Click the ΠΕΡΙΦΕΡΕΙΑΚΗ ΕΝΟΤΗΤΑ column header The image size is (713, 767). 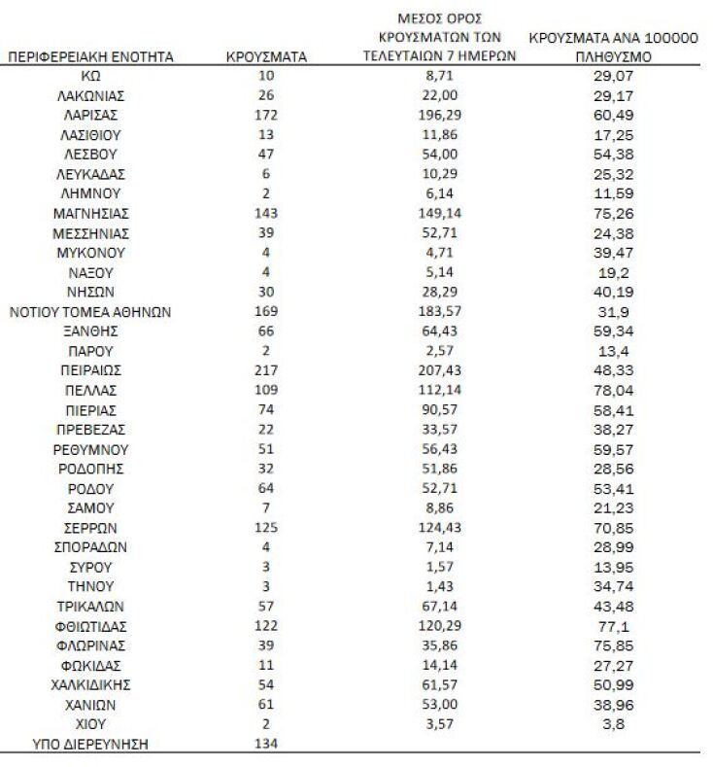pyautogui.click(x=90, y=57)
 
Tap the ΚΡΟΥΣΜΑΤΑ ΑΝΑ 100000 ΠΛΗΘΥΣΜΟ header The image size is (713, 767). pyautogui.click(x=613, y=48)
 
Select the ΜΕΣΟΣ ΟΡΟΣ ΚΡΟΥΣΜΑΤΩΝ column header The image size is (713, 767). pyautogui.click(x=440, y=38)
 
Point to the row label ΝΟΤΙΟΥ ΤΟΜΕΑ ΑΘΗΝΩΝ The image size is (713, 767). pyautogui.click(x=90, y=312)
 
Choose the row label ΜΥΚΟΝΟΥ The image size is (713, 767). pyautogui.click(x=90, y=253)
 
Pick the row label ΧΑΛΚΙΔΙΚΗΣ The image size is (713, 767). pyautogui.click(x=90, y=684)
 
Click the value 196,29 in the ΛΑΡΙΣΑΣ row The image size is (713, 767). pyautogui.click(x=440, y=116)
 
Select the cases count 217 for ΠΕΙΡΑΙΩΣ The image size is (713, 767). pyautogui.click(x=266, y=370)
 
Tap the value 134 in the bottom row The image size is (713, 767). pyautogui.click(x=266, y=744)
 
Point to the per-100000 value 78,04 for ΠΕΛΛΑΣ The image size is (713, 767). pyautogui.click(x=613, y=391)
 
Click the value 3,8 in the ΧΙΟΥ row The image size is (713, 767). pyautogui.click(x=613, y=724)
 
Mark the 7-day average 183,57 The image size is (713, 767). pyautogui.click(x=440, y=312)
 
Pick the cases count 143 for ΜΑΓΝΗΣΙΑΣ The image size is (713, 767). pyautogui.click(x=266, y=214)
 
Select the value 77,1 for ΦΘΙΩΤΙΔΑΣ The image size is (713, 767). pyautogui.click(x=613, y=626)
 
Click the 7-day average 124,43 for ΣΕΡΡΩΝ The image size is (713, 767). pyautogui.click(x=440, y=528)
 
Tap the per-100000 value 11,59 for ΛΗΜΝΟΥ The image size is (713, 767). pyautogui.click(x=613, y=194)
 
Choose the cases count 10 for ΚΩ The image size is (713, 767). pyautogui.click(x=266, y=77)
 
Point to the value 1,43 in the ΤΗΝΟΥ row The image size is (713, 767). pyautogui.click(x=440, y=586)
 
